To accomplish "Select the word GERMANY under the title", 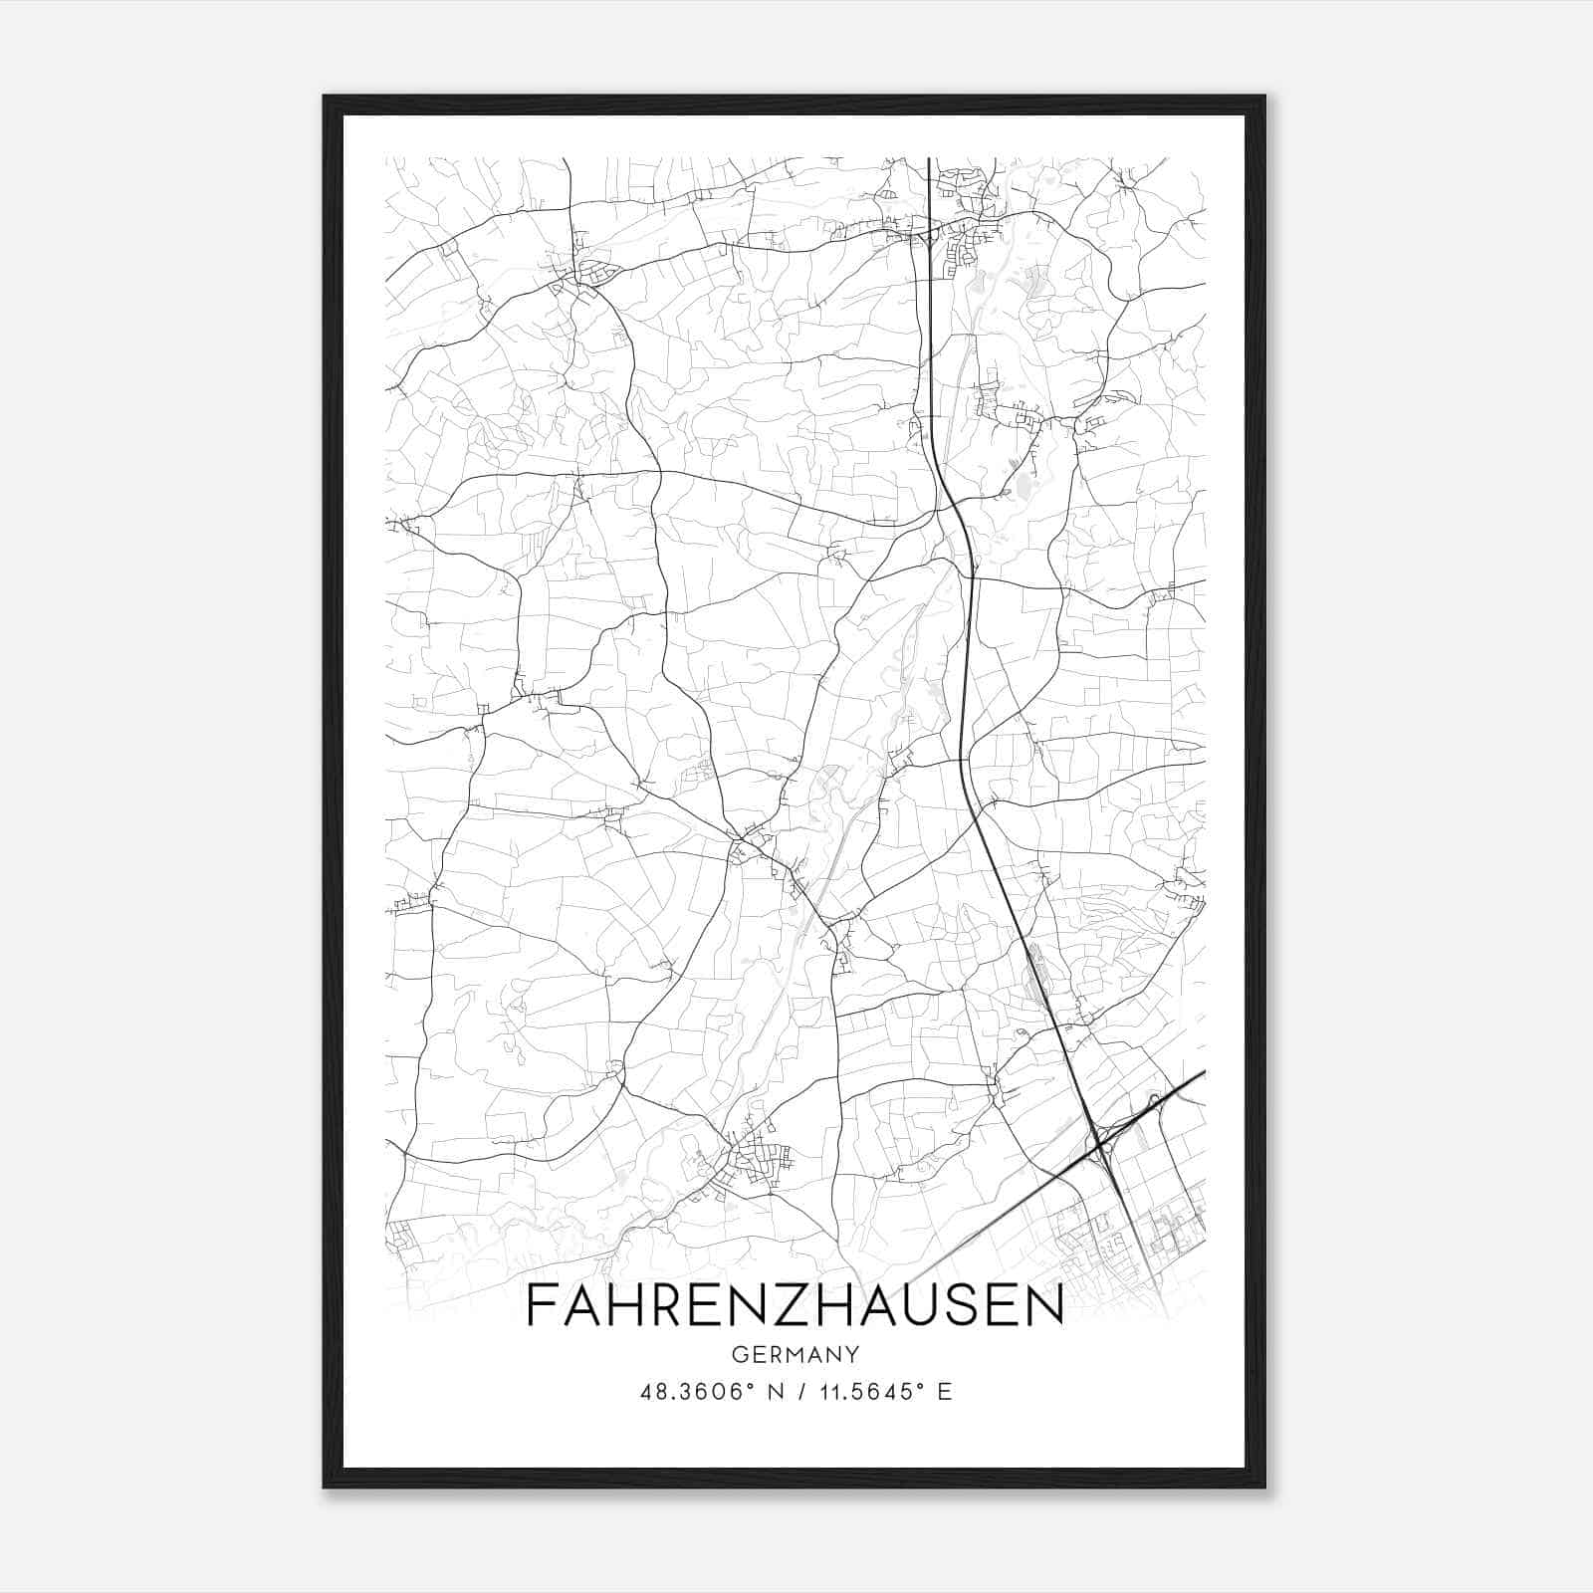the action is click(796, 1355).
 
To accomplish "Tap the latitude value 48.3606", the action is click(692, 1392).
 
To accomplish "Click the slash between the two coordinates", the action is click(799, 1392).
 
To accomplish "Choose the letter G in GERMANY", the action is click(738, 1355).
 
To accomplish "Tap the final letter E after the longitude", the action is click(945, 1392).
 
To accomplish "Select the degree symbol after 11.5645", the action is click(920, 1386).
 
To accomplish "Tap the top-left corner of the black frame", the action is click(326, 98).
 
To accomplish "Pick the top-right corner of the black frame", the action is click(1264, 98).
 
